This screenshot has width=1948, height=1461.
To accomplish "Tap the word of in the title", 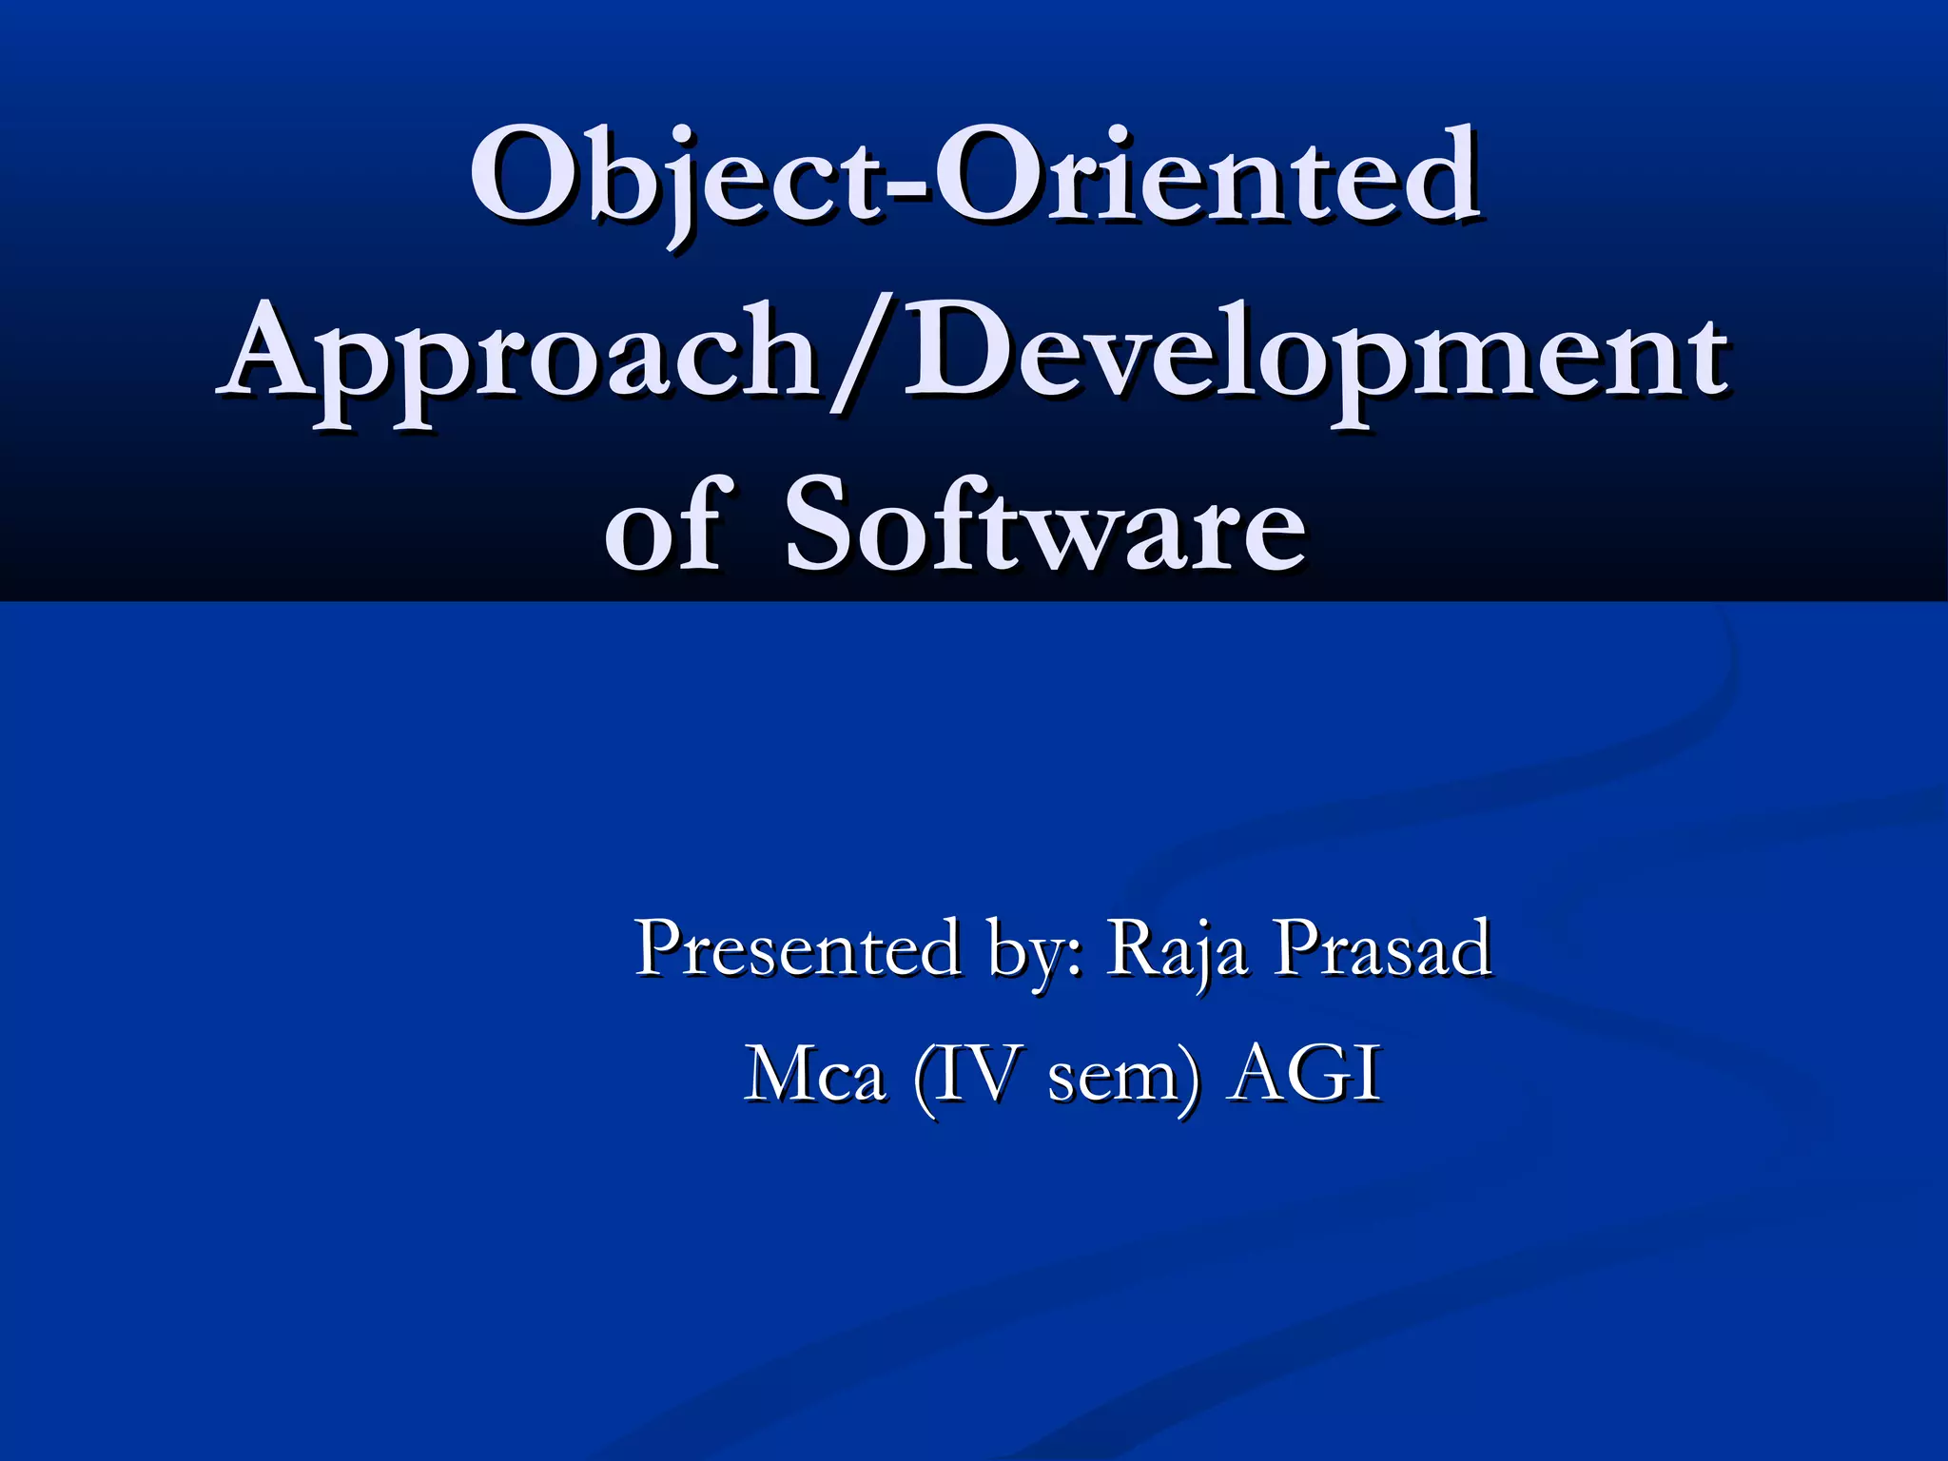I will tap(668, 526).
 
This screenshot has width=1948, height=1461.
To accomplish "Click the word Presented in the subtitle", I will tap(797, 947).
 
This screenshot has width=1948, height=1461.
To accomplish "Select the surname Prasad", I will tap(1384, 947).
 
